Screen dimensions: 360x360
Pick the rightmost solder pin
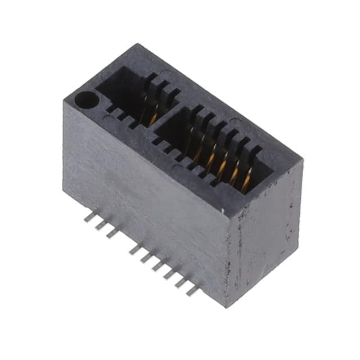(x=192, y=291)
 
